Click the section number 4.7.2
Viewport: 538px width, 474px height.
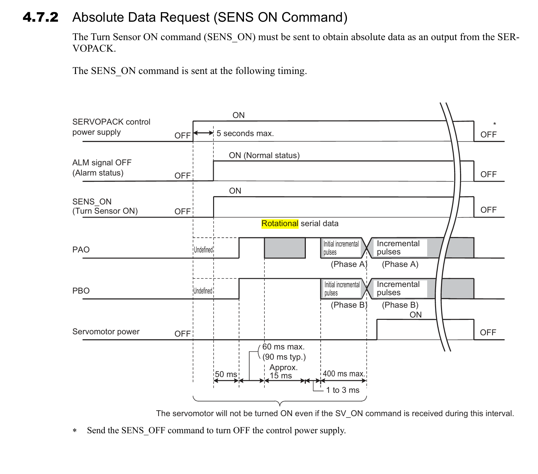click(40, 17)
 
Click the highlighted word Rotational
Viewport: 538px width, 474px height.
click(280, 224)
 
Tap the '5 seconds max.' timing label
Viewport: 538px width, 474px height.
click(245, 133)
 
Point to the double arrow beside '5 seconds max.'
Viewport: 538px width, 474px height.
click(203, 133)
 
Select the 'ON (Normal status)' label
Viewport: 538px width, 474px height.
click(264, 155)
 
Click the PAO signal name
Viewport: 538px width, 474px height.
click(81, 250)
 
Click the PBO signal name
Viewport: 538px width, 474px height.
click(81, 291)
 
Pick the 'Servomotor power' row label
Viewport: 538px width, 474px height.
click(106, 331)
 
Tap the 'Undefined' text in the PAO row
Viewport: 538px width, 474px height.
click(203, 250)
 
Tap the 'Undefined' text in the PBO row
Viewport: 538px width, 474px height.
click(203, 291)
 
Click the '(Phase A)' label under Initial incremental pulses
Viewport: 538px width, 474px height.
click(349, 264)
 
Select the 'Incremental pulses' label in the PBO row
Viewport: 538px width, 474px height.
click(398, 288)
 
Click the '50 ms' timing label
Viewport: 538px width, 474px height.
click(226, 374)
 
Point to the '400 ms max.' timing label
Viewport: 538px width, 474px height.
click(344, 374)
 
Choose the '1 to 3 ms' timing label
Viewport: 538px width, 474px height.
click(343, 390)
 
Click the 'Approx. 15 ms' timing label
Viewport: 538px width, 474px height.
click(283, 371)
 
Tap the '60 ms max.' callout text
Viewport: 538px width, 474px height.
click(283, 347)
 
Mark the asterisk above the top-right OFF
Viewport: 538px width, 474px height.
click(494, 124)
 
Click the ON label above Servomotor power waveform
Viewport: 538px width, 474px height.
click(416, 315)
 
